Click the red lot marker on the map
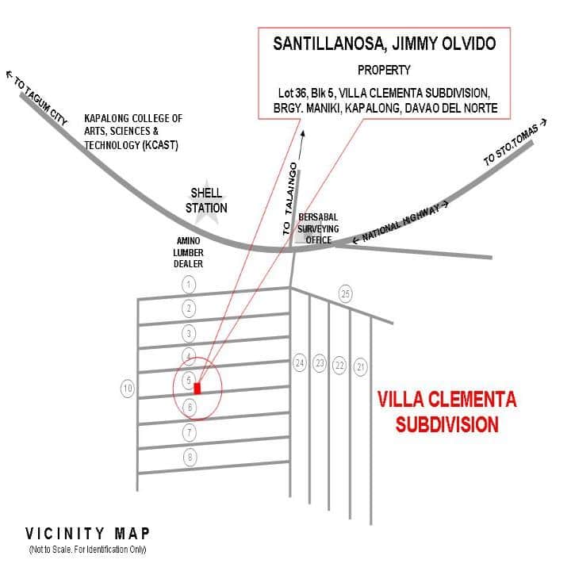tap(197, 389)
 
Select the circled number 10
tap(127, 389)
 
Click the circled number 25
tap(345, 293)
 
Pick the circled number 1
tap(189, 284)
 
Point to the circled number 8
tap(189, 457)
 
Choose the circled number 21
tap(361, 366)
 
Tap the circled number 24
tap(299, 363)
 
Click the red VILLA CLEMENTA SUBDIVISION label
tap(446, 411)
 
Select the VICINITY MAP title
tap(88, 533)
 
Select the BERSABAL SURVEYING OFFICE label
tap(319, 228)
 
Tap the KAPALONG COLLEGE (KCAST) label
tap(133, 132)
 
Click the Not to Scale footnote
tap(88, 550)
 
